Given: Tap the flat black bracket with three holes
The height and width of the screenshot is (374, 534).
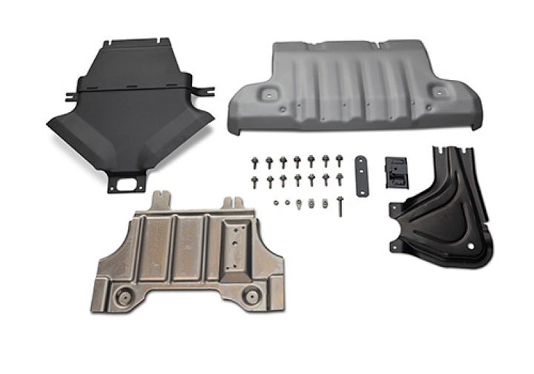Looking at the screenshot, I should pos(360,177).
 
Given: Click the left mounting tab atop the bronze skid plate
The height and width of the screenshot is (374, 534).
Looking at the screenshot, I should pos(161,200).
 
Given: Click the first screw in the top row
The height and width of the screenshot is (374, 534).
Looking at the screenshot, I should pos(254,161).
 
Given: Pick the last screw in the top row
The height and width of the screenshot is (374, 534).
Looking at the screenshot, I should pos(340,160).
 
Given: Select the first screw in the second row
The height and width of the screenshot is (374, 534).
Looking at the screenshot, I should pos(254,180).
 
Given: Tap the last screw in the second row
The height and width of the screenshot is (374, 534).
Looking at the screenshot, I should pos(340,179).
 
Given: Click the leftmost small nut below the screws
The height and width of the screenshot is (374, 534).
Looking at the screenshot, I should pos(276,201).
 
